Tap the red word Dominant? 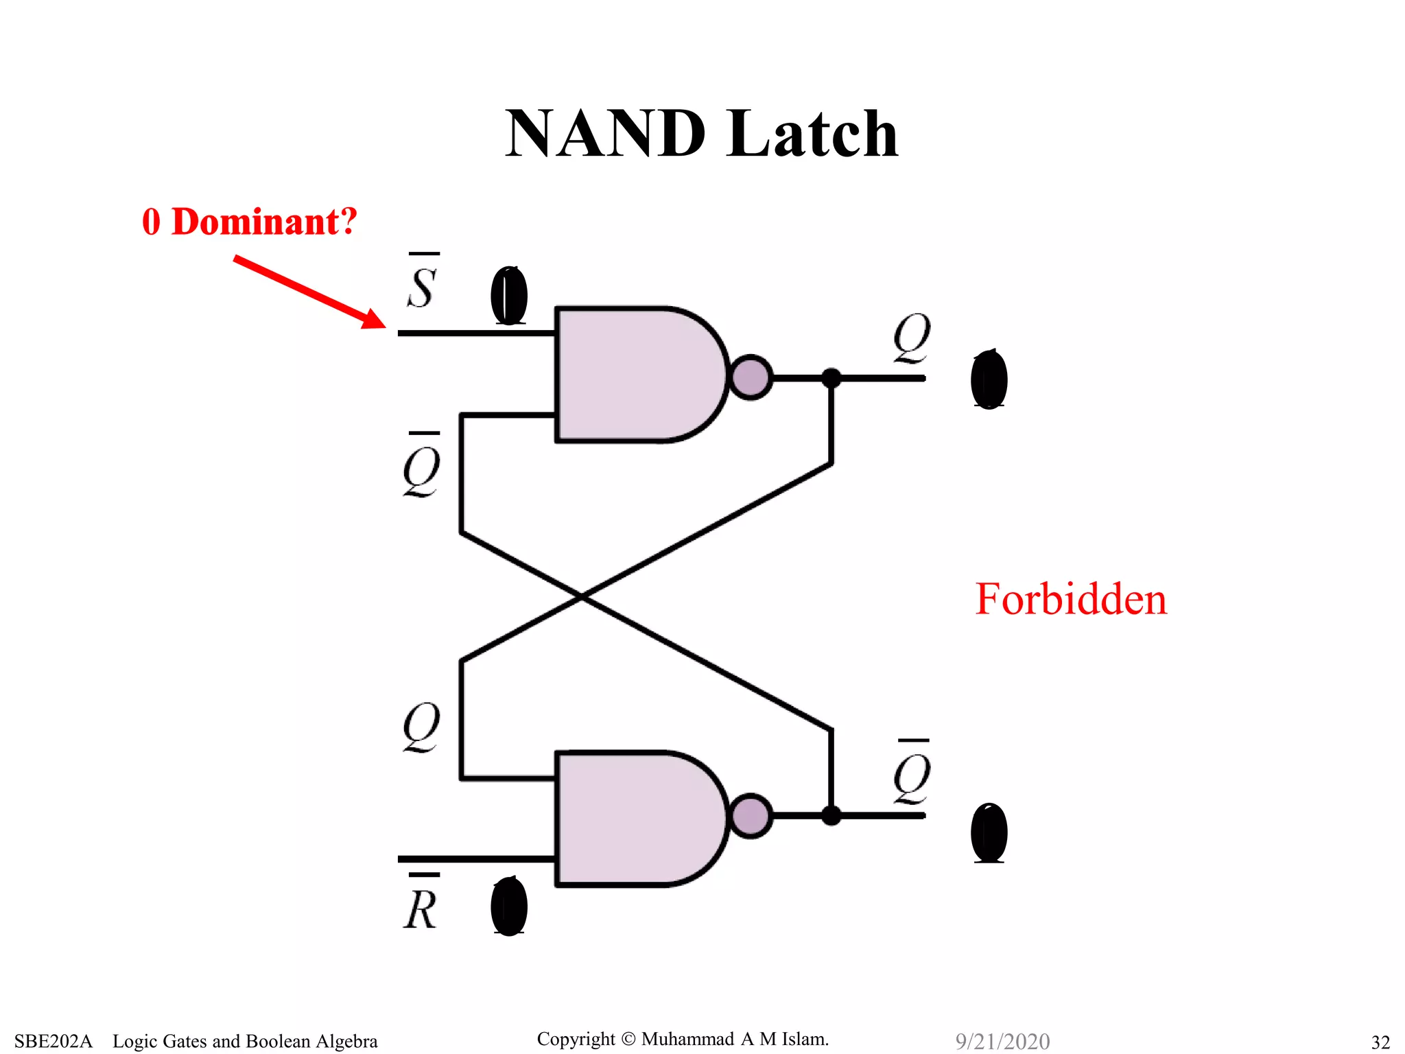click(264, 222)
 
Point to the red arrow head click(375, 319)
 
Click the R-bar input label click(421, 904)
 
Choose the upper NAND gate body click(635, 375)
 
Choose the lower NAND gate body click(635, 818)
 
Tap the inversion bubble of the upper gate click(751, 377)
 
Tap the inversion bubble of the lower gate click(751, 815)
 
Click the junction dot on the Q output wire click(831, 377)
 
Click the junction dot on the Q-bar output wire click(831, 815)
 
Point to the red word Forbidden click(1070, 599)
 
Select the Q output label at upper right click(912, 338)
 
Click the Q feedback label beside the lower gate click(421, 726)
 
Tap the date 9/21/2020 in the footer click(1002, 1041)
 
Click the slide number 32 click(1380, 1042)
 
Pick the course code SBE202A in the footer click(53, 1041)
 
